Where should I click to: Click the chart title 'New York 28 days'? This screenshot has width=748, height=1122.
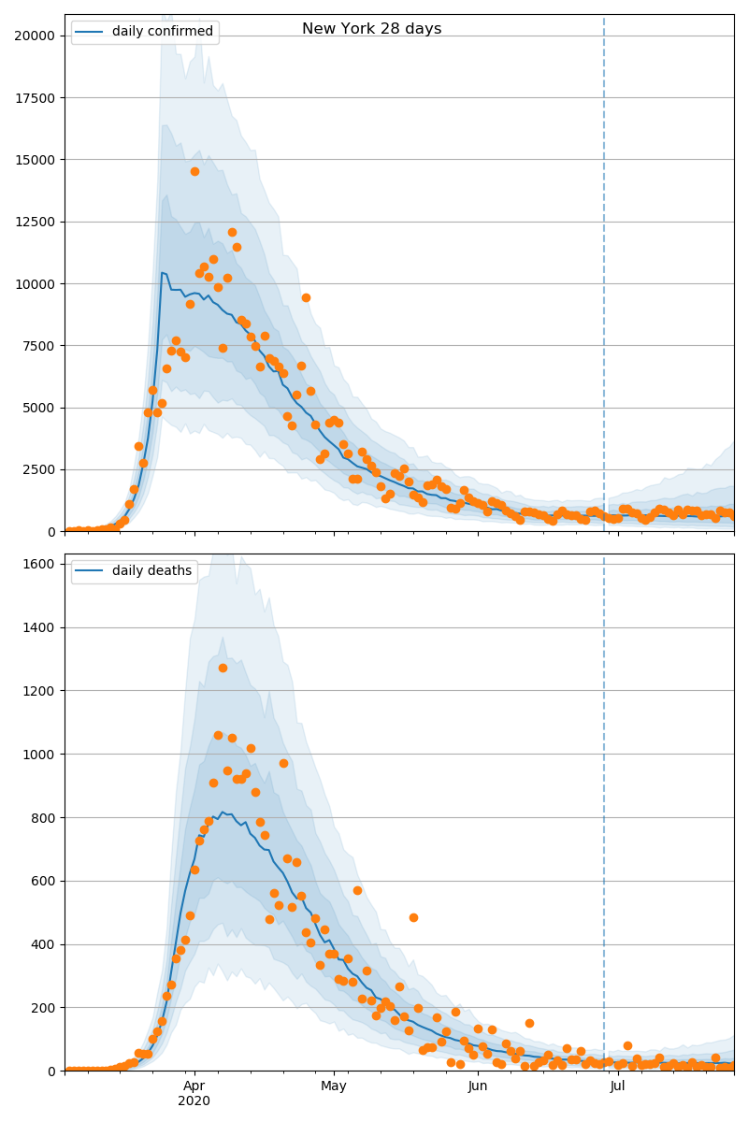[x=371, y=29]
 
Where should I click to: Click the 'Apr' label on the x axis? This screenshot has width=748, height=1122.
[x=194, y=1086]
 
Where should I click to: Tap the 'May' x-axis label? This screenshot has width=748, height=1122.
[x=334, y=1086]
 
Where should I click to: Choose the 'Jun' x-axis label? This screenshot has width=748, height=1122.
[x=478, y=1086]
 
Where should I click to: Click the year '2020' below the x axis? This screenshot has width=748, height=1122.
[x=194, y=1101]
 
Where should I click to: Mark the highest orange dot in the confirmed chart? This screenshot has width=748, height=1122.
[x=194, y=171]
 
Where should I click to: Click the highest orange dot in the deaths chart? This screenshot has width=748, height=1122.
[x=223, y=668]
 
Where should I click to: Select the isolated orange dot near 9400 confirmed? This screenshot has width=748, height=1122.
[x=306, y=297]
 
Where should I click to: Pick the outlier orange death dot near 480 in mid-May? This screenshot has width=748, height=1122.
[x=413, y=917]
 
